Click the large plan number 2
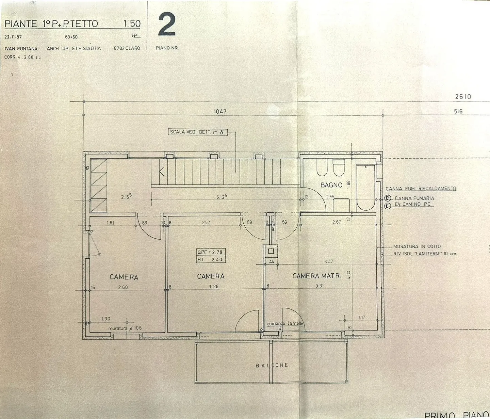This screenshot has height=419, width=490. click(167, 25)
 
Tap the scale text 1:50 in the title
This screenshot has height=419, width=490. click(132, 23)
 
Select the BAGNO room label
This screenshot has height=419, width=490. click(331, 185)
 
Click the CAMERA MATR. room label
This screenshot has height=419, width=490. click(316, 276)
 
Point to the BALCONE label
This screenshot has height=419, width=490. click(272, 365)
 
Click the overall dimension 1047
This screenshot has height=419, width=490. click(220, 111)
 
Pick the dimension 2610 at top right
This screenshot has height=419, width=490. click(463, 97)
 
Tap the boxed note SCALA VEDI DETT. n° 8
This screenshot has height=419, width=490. click(197, 132)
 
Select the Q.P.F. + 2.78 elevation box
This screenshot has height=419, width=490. click(210, 252)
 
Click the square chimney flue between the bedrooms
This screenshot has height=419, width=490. click(271, 252)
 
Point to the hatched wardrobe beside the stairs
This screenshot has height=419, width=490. click(99, 186)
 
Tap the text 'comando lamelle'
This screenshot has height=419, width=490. click(285, 324)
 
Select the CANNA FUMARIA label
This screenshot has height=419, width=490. click(414, 198)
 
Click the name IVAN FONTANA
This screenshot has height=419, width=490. click(21, 49)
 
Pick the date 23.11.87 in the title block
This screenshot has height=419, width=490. click(13, 37)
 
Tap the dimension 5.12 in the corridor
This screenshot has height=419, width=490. click(221, 197)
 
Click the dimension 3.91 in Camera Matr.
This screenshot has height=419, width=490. click(319, 286)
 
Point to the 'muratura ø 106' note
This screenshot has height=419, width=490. click(125, 328)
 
